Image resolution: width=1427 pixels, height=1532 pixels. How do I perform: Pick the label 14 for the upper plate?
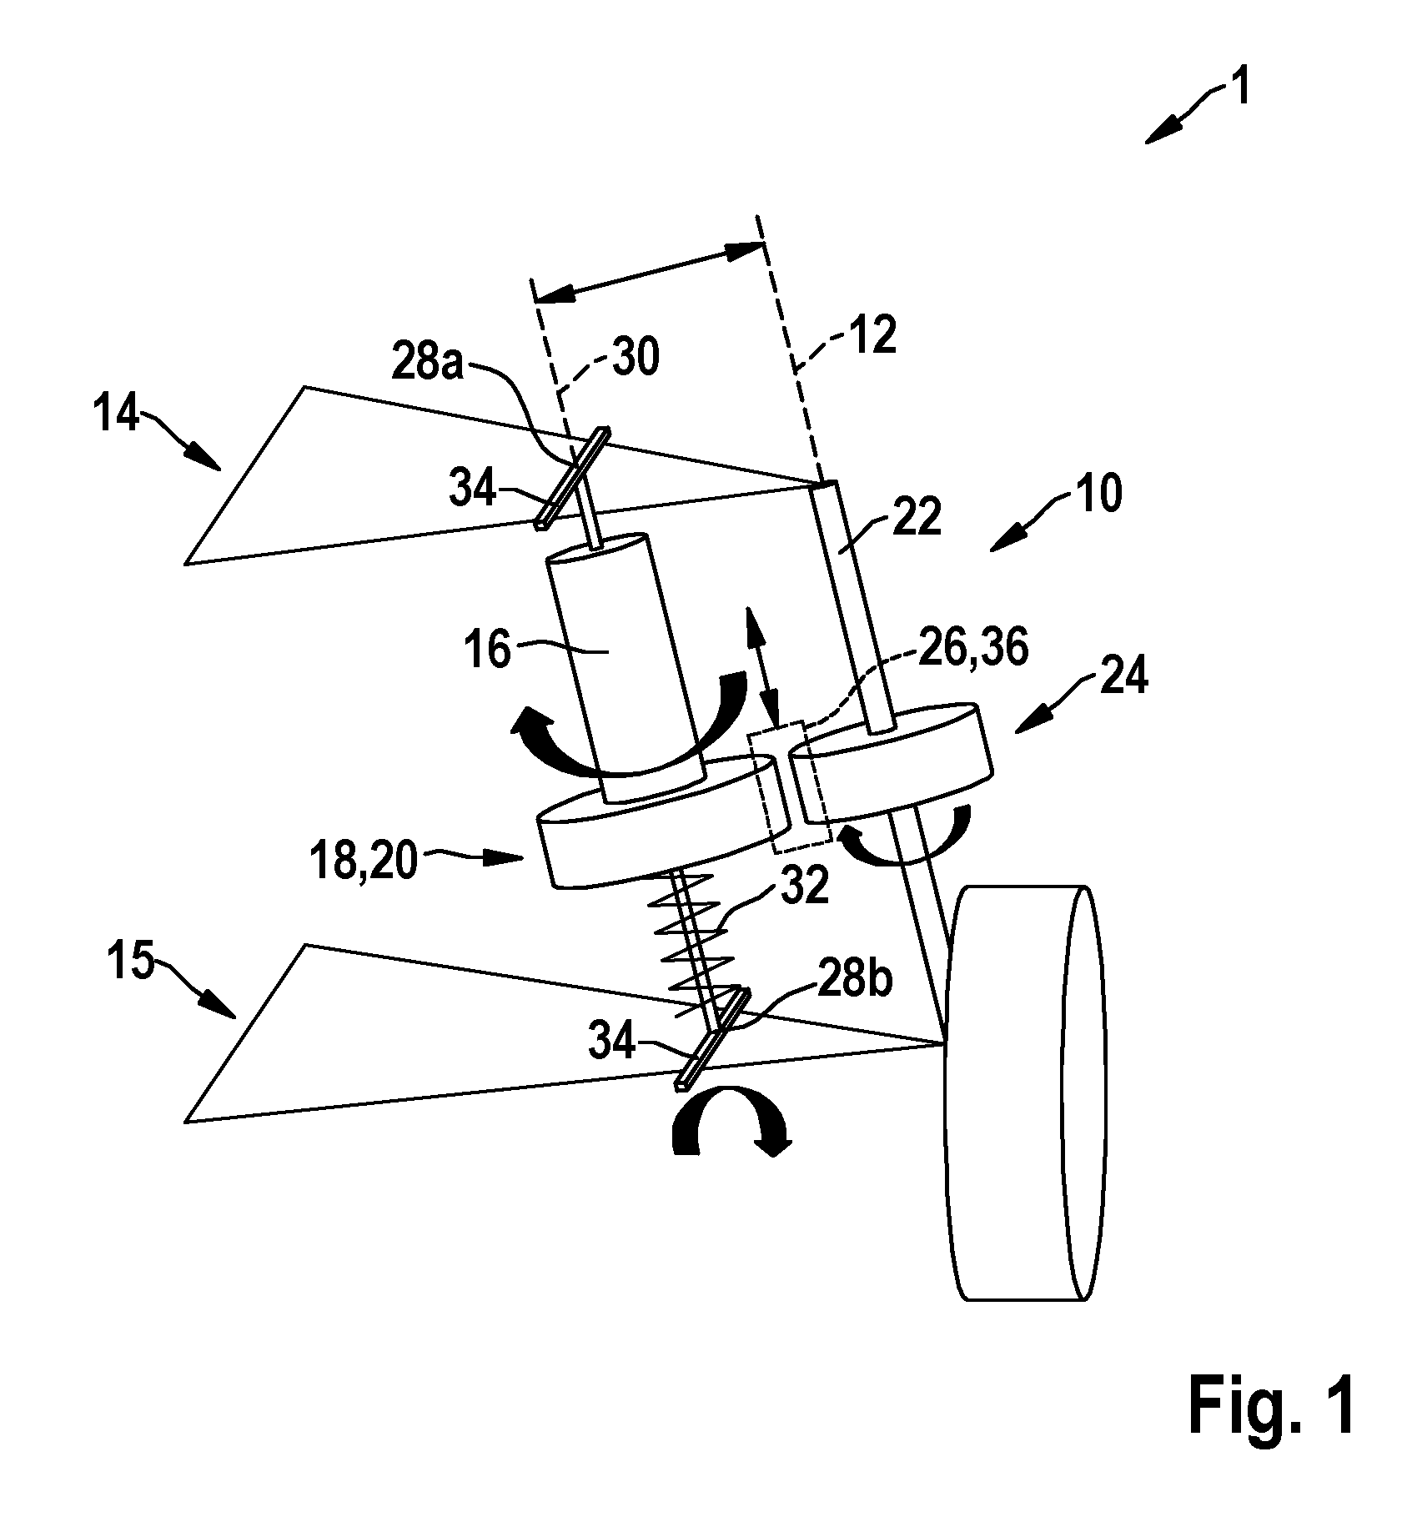coord(118,414)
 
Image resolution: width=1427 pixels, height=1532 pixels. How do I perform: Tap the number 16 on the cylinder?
coord(489,650)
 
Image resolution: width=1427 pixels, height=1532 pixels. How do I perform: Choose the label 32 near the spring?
coord(806,887)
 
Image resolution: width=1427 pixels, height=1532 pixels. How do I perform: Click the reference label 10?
coord(1098,495)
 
